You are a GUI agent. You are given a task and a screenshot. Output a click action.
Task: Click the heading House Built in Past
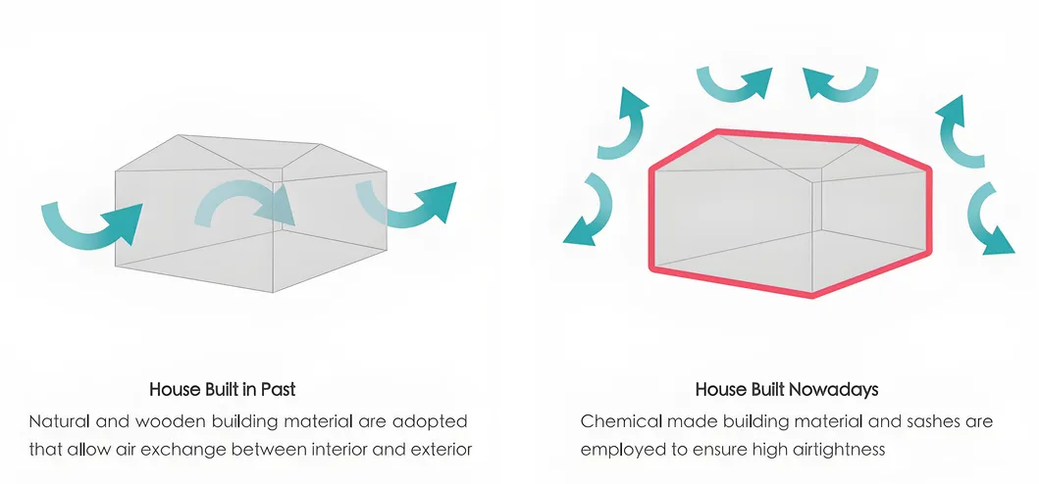(x=222, y=389)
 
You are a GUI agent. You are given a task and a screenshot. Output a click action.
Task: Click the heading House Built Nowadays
(x=786, y=389)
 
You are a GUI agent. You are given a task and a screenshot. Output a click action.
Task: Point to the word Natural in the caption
(x=60, y=421)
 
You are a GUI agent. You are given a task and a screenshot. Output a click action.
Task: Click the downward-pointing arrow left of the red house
(x=588, y=211)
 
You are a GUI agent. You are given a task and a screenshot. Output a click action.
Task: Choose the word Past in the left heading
(x=278, y=389)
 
